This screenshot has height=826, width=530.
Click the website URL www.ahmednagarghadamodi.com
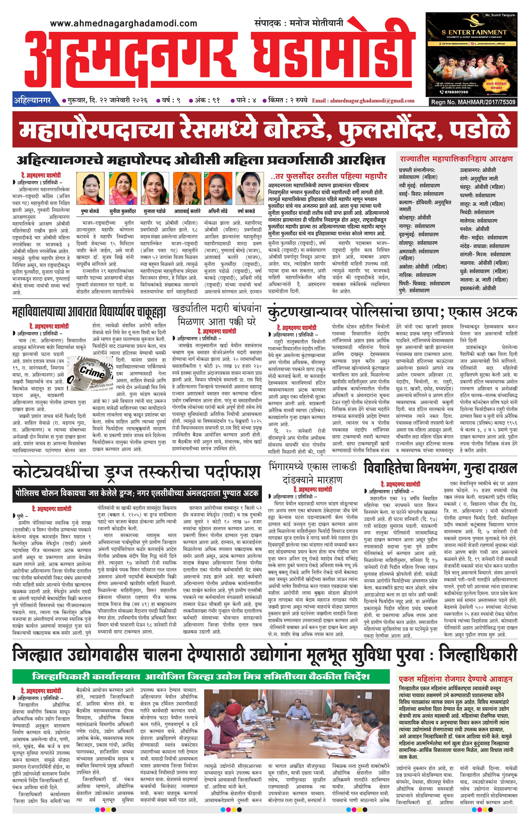click(x=123, y=23)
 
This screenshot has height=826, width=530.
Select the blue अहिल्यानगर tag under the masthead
click(x=32, y=101)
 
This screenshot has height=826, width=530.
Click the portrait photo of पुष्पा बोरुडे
click(x=90, y=188)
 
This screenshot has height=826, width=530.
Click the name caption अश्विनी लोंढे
click(x=218, y=211)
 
